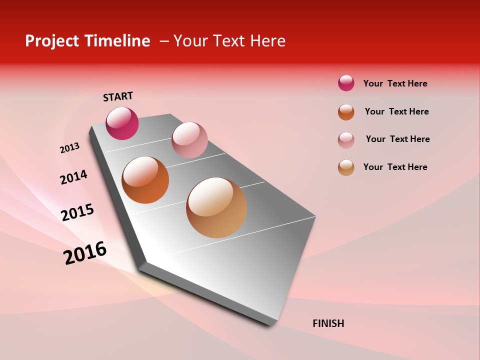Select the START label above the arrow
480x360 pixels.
click(118, 96)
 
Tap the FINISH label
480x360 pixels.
click(328, 323)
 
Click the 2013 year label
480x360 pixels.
click(69, 148)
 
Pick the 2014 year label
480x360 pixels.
click(73, 177)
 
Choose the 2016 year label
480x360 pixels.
click(85, 252)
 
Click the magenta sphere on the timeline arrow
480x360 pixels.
click(122, 123)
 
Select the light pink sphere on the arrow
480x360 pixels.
click(189, 140)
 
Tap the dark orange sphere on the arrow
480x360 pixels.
click(145, 180)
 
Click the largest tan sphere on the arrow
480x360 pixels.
click(216, 207)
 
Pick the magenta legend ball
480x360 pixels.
click(346, 83)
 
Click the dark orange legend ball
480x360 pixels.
click(346, 112)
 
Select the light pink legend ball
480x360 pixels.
click(346, 140)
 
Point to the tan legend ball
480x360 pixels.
click(346, 167)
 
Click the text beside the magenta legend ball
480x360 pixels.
click(395, 83)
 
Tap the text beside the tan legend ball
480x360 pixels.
click(395, 167)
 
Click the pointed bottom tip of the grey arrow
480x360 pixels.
click(270, 324)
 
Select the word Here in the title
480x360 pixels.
click(268, 41)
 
